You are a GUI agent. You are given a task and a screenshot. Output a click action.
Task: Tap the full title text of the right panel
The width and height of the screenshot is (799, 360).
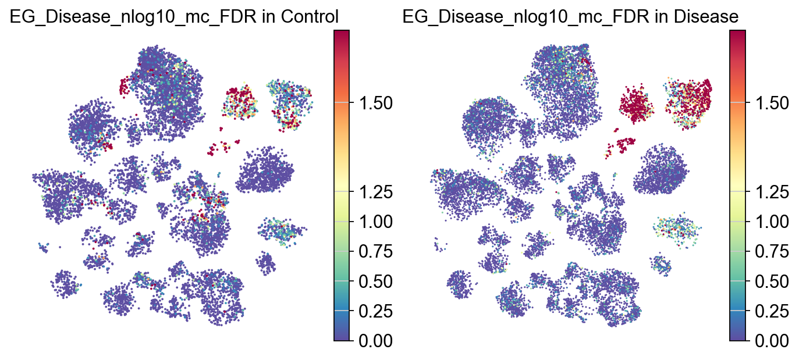point(571,17)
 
